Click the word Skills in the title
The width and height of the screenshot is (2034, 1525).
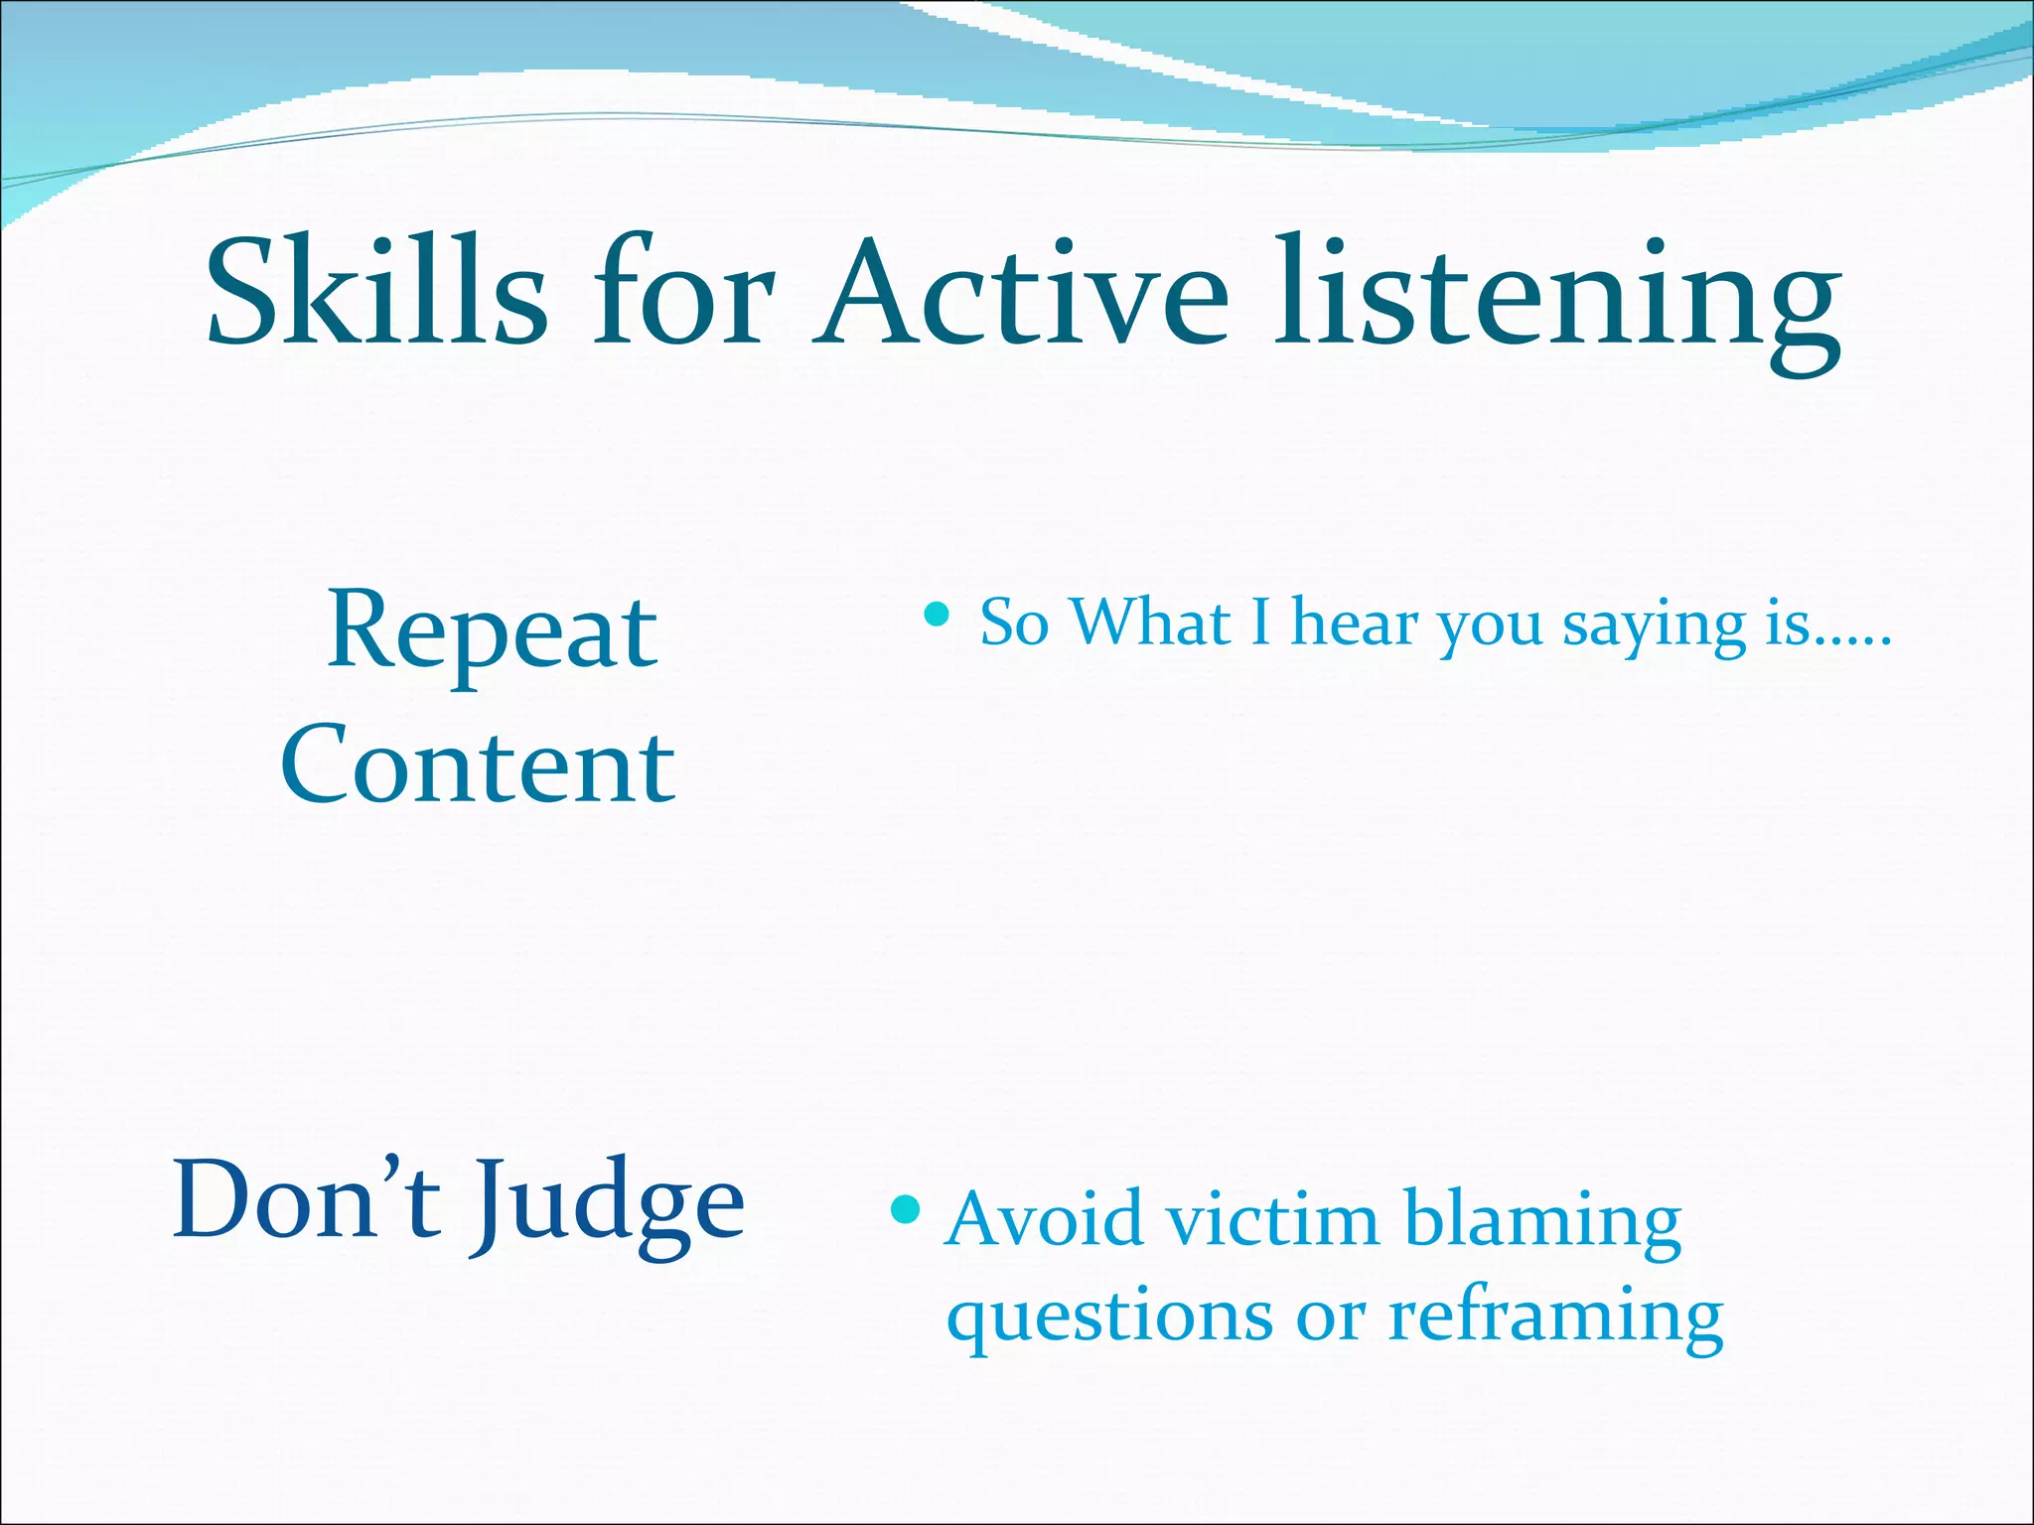[375, 293]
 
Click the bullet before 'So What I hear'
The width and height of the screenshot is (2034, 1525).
[936, 616]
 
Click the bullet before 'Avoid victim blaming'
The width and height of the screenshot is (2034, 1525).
[906, 1209]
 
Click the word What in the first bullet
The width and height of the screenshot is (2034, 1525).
[1151, 624]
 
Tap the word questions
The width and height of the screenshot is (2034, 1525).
[1109, 1318]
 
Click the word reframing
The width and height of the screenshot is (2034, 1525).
[1555, 1318]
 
